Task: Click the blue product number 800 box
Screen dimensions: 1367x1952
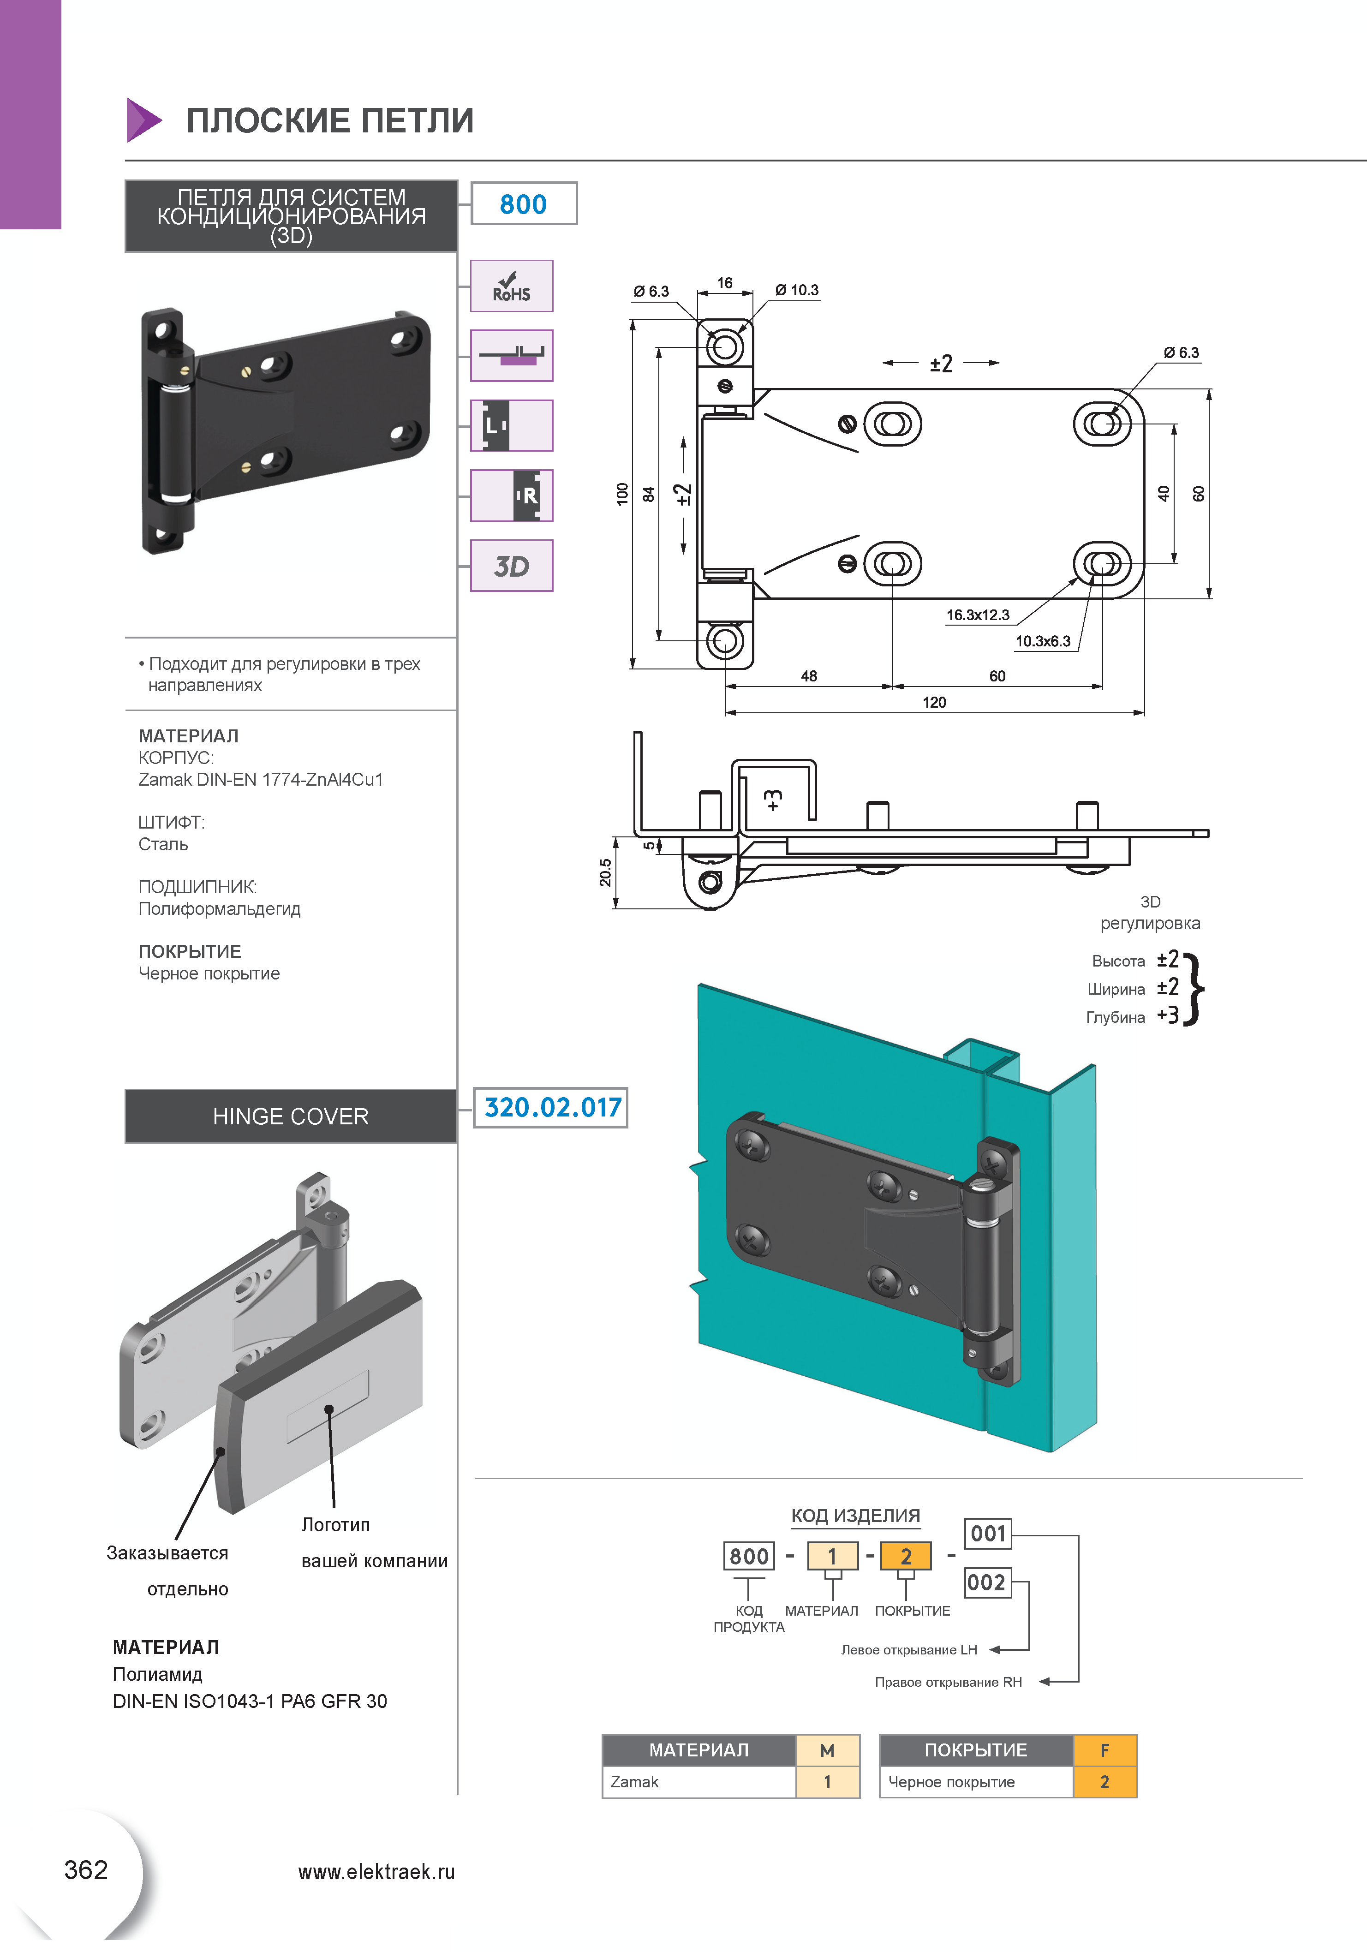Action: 524,204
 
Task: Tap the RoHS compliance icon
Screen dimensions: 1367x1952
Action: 512,286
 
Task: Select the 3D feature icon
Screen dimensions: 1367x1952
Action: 512,565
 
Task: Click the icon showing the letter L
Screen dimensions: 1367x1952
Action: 512,425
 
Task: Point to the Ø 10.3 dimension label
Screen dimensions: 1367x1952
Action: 797,291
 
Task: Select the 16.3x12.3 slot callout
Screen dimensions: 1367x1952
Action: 978,615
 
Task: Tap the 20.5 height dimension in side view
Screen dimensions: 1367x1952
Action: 604,872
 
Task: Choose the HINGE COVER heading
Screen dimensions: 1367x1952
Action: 291,1116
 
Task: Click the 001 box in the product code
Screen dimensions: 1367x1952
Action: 988,1534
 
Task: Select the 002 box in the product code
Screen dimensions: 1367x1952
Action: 988,1582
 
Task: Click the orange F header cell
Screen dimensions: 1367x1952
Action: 1105,1750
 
